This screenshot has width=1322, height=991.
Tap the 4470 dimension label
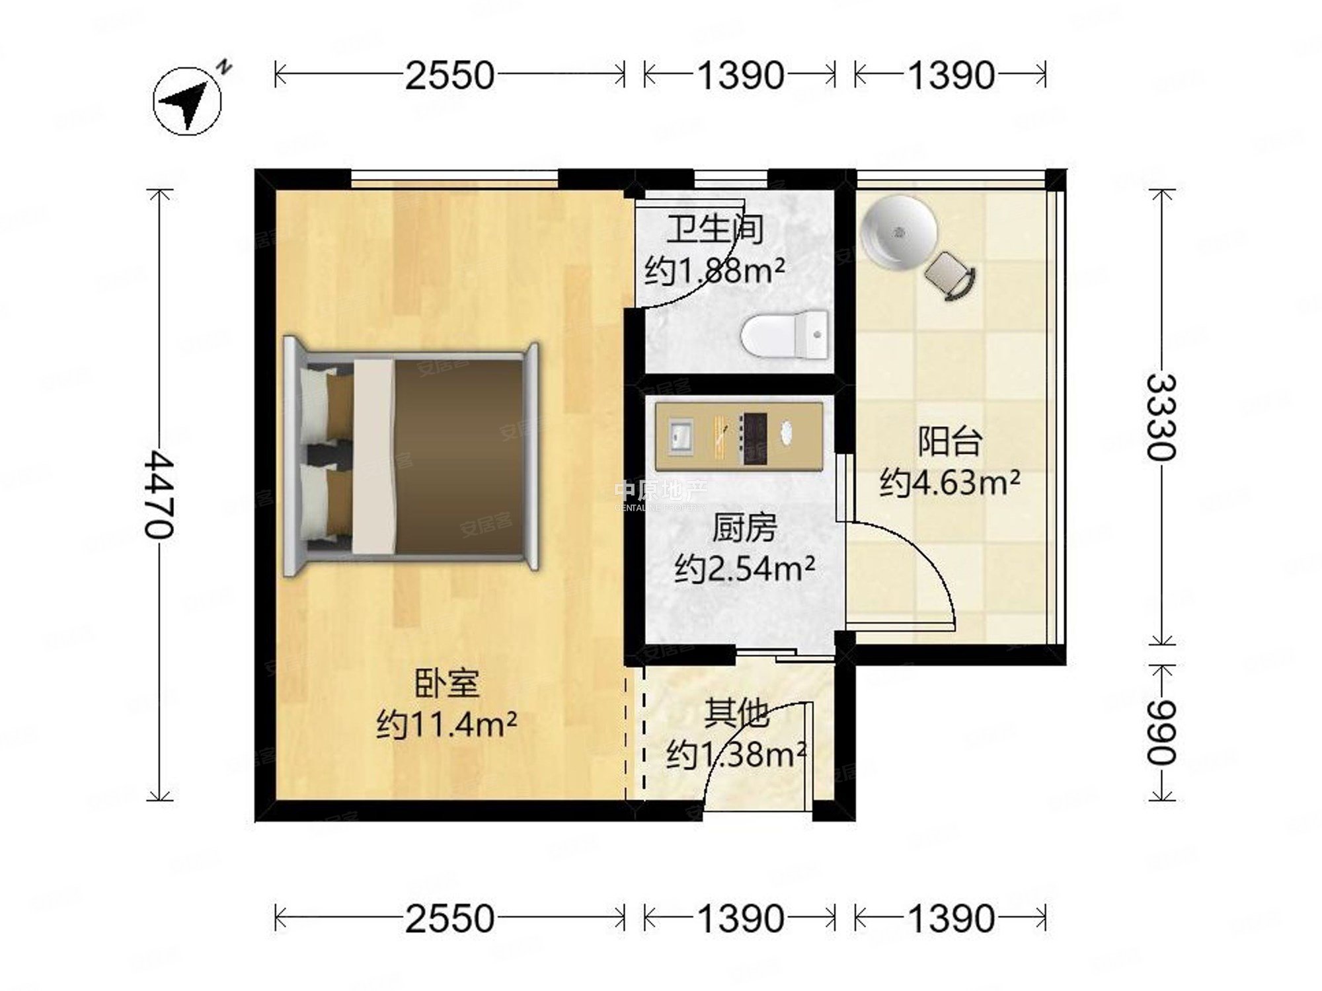pos(161,494)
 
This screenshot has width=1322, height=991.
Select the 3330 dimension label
pos(1161,417)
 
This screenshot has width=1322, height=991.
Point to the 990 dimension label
pos(1161,732)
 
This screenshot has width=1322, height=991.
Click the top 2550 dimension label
pos(449,75)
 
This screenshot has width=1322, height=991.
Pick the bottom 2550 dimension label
pos(449,918)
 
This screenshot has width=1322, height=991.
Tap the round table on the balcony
pos(899,233)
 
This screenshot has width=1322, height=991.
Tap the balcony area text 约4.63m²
pos(950,483)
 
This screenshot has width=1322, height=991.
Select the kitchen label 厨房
pos(744,529)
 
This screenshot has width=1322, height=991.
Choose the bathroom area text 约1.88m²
pos(715,270)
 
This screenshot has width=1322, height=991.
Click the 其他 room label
pos(736,714)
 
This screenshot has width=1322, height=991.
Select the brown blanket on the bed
pos(459,456)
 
